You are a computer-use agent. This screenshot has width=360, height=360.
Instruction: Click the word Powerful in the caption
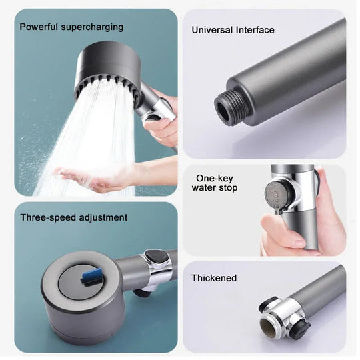point(39,27)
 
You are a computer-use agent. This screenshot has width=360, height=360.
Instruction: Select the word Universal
point(213,30)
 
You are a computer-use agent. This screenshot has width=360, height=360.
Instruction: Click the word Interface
point(254,30)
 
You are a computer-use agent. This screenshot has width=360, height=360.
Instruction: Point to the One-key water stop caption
point(215,183)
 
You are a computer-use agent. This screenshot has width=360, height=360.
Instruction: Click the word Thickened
point(214,277)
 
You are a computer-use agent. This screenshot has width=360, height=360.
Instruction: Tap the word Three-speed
point(48,217)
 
